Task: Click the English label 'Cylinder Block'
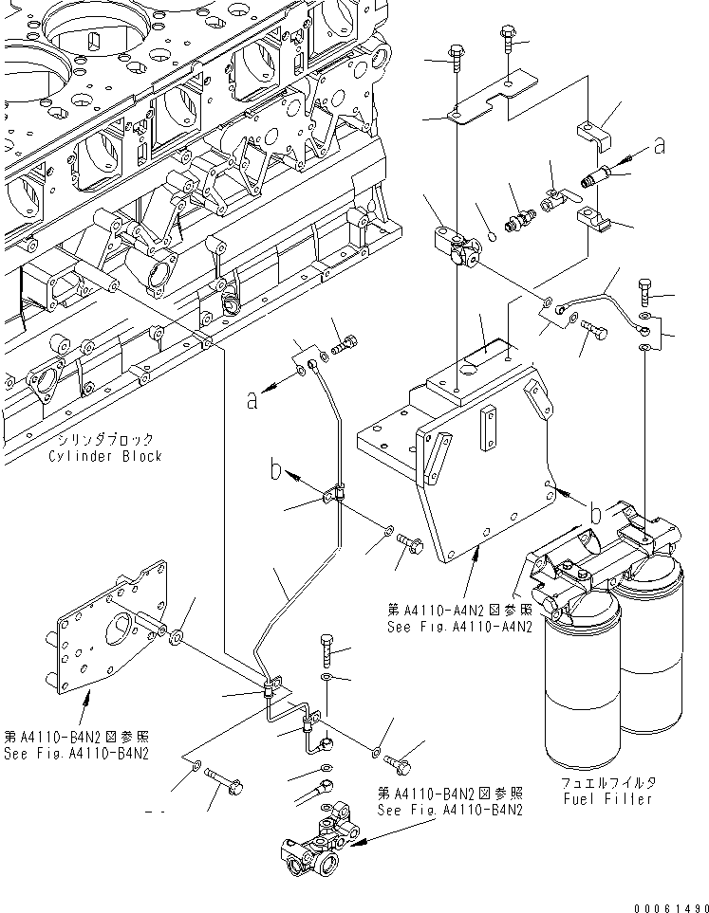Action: point(105,456)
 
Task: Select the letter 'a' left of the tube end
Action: point(252,400)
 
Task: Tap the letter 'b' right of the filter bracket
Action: point(595,513)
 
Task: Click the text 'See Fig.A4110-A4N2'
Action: point(459,626)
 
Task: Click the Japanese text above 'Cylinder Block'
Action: point(105,440)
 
